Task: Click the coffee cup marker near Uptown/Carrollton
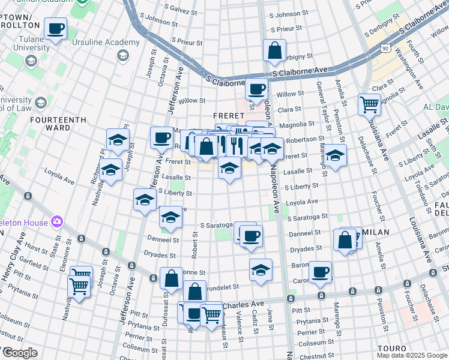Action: point(55,28)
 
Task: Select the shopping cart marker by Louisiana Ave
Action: point(369,104)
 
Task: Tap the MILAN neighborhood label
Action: point(376,232)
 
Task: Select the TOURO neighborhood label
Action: point(392,348)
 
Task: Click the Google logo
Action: point(19,353)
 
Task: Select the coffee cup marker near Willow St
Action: point(256,89)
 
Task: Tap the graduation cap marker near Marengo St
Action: point(336,155)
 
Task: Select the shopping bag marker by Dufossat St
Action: point(171,278)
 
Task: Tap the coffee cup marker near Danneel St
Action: point(250,236)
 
